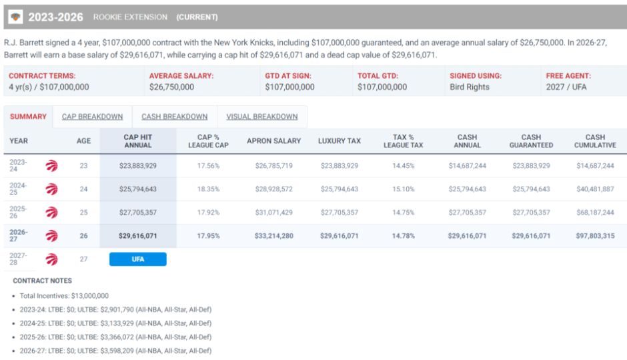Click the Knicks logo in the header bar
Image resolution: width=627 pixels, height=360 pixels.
click(15, 17)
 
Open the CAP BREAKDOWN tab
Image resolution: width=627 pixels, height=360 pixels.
click(92, 117)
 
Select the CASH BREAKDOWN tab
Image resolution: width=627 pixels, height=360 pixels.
click(174, 117)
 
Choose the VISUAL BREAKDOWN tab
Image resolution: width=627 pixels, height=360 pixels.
click(262, 117)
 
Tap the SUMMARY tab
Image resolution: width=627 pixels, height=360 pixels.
click(29, 117)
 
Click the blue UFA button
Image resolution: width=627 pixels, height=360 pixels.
click(138, 259)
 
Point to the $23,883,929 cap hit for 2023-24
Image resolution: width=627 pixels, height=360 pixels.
click(138, 166)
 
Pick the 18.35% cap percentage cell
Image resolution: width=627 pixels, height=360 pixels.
click(208, 189)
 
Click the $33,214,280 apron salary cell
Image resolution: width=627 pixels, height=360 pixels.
click(274, 236)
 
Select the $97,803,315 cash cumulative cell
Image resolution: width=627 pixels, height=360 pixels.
click(595, 236)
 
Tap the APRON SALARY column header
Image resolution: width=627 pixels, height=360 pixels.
click(274, 141)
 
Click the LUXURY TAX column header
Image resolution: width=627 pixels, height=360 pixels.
click(340, 141)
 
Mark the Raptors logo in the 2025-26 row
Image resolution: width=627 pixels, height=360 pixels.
click(51, 213)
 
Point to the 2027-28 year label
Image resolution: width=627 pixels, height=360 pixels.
click(19, 259)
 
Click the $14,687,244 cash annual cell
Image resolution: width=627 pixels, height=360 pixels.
click(467, 166)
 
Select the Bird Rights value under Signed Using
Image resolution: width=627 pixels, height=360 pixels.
click(470, 87)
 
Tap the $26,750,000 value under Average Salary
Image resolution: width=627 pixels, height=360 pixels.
click(171, 87)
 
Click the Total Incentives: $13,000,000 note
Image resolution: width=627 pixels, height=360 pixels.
click(64, 296)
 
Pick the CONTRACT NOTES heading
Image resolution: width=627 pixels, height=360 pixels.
click(43, 281)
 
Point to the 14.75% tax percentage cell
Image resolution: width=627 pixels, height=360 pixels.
click(403, 213)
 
